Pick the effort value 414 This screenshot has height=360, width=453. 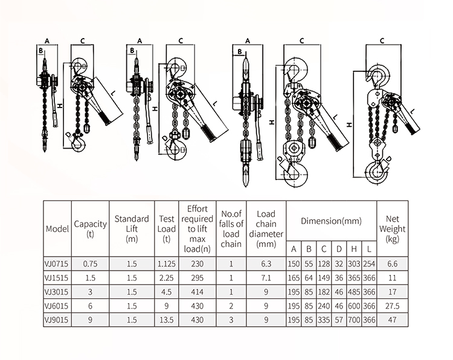coord(198,291)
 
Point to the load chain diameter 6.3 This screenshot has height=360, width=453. coord(266,264)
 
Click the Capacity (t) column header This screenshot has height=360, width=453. coord(91,229)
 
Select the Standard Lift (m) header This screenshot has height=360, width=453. coord(132,229)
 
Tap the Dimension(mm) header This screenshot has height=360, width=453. coord(331,222)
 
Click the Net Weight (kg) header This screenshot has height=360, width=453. coord(391,229)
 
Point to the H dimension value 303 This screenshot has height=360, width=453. coord(354,264)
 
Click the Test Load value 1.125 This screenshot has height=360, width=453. coord(167,264)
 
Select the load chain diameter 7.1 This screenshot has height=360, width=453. coord(266,277)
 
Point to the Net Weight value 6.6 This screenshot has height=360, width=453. coord(391,264)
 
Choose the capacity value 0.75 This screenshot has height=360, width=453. coord(91,264)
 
